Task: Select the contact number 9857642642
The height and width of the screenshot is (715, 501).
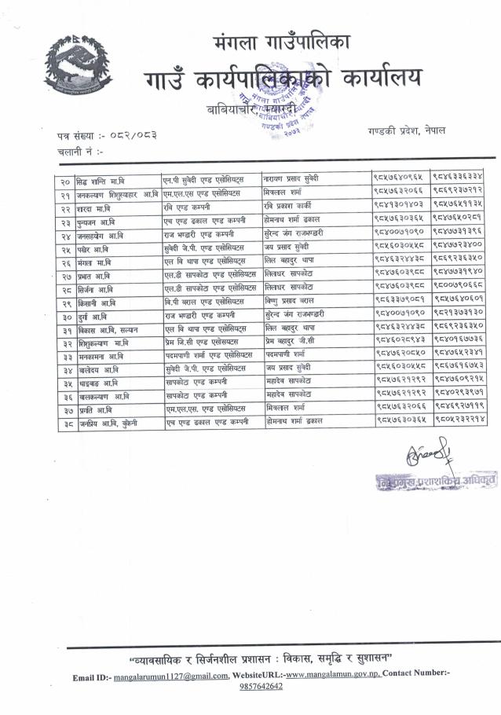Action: click(x=261, y=686)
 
